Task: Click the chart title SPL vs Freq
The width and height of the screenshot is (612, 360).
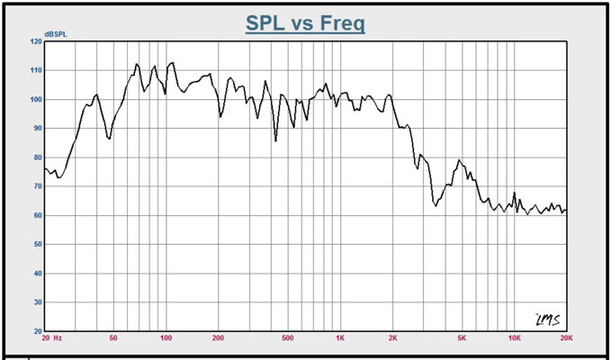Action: (306, 22)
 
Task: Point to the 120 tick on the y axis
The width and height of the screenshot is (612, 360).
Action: (36, 41)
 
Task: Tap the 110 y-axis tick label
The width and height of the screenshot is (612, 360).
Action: (36, 70)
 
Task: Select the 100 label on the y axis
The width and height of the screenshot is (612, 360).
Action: (36, 99)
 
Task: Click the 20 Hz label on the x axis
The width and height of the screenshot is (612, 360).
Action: (51, 339)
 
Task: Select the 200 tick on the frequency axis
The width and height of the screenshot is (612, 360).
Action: (218, 339)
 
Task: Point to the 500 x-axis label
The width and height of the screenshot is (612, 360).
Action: (287, 339)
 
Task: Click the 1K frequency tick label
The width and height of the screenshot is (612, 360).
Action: (340, 339)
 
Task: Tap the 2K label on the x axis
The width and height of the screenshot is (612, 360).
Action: (392, 339)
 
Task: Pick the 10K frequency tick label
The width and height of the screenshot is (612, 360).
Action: (514, 339)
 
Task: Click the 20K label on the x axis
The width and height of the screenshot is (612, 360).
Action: (565, 339)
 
